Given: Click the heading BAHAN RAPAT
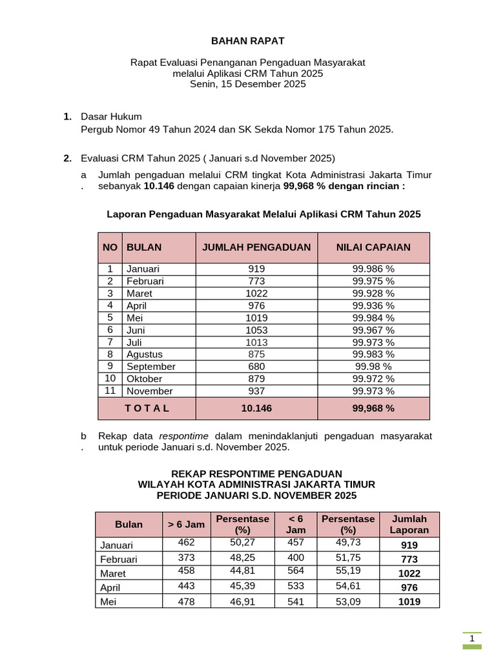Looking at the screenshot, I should point(248,41).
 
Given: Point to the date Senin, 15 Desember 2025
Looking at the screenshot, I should point(248,84).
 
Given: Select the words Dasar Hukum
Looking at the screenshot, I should point(111,117).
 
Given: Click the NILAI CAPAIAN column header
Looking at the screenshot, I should point(373,247).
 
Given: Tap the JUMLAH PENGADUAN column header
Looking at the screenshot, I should point(256,247).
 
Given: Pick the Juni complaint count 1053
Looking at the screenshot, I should point(256,330).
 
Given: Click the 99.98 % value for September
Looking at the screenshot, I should point(373,367).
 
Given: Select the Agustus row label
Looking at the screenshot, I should point(145,354).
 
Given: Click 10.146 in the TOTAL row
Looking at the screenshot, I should point(256,409).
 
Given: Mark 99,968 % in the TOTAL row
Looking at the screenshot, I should point(373,409).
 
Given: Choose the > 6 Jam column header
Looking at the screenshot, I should point(186,524).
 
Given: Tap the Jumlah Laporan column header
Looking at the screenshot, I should point(409,524).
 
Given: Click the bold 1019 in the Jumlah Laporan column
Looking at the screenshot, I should point(409,602).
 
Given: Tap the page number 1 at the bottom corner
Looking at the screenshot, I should point(473,639).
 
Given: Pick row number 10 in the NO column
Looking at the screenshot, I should point(110,379).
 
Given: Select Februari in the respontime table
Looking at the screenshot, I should point(119,559).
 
